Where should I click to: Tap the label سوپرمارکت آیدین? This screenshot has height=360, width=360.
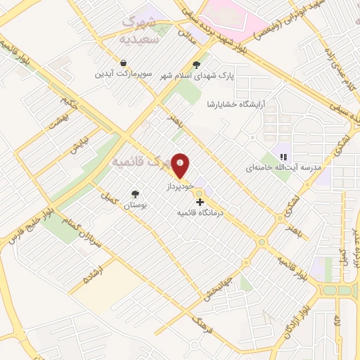pos(124,73)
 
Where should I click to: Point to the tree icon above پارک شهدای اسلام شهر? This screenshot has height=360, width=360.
pos(205,63)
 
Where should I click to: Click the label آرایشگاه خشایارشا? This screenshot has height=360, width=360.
pos(211,104)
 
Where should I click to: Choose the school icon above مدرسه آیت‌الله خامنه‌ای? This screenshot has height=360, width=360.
pos(283,158)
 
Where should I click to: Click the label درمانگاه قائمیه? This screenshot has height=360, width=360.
pos(200,212)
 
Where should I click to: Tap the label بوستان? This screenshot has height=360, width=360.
pos(134,205)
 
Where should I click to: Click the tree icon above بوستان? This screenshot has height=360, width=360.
pos(134,194)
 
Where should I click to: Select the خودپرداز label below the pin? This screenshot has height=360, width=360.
pos(179,189)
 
